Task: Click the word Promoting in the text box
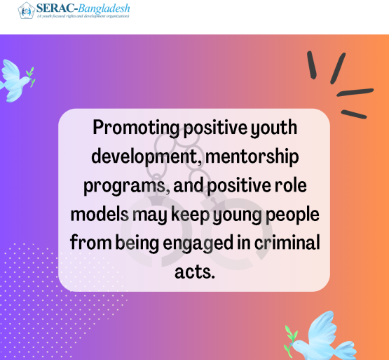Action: pos(136,128)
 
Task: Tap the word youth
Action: pos(273,128)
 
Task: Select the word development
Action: pos(146,157)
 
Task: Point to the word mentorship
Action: pos(252,156)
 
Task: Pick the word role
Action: pos(290,185)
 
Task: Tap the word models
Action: pos(100,215)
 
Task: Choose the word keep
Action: pos(190,215)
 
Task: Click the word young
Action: pos(238,215)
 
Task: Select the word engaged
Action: pos(198,244)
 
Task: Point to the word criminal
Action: pos(287,243)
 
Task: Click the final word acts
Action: pos(195,272)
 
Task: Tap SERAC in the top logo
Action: pos(55,8)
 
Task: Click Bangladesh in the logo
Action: pos(104,8)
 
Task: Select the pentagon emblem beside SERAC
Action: pos(26,11)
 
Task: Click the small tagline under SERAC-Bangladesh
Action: pos(83,16)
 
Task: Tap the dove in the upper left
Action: pos(17,81)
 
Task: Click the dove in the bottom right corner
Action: pos(322,337)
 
